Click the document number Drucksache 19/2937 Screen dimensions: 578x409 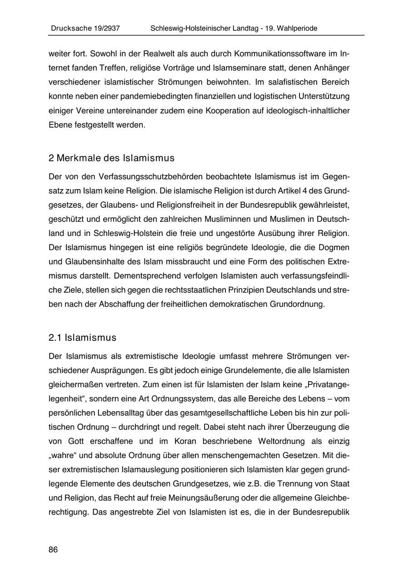click(85, 28)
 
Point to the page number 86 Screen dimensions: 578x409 click(53, 550)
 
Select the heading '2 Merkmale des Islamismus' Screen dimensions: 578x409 click(111, 158)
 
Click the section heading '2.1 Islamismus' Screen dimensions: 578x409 click(82, 338)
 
